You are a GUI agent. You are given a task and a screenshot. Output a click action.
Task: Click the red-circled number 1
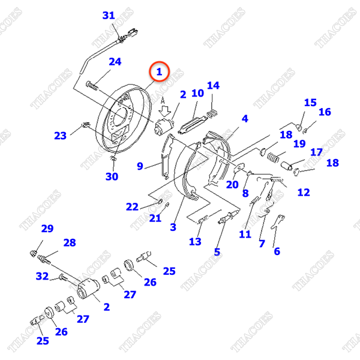click(160, 73)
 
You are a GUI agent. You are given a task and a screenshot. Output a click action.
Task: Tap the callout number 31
click(108, 16)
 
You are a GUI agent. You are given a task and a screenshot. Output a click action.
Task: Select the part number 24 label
click(115, 62)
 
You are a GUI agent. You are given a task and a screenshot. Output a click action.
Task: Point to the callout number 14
click(213, 86)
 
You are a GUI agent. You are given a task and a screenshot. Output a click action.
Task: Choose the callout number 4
click(245, 119)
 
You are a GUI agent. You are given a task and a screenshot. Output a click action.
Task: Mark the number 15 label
click(310, 103)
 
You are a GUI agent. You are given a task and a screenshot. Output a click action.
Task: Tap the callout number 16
click(325, 112)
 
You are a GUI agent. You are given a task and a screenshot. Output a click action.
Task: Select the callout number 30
click(112, 176)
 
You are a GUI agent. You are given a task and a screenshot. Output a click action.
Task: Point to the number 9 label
click(140, 166)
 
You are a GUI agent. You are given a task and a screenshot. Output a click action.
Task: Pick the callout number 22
click(132, 207)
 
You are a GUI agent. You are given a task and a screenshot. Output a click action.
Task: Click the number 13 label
click(195, 242)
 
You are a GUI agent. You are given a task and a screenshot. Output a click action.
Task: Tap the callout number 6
click(277, 251)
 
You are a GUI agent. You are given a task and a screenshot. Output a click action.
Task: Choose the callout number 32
click(42, 277)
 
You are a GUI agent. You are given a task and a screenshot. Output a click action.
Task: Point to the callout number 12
click(304, 193)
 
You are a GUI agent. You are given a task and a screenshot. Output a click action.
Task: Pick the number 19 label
click(299, 144)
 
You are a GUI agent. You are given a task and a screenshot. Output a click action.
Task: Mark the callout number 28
click(70, 242)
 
